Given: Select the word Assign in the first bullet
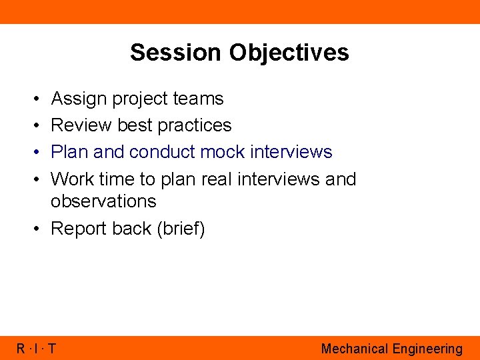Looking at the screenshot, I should point(79,99).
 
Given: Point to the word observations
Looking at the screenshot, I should point(103,201).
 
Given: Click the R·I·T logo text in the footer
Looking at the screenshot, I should point(37,348).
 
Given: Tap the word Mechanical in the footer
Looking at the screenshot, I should point(355,348).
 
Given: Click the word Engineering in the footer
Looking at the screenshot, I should point(427,349).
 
